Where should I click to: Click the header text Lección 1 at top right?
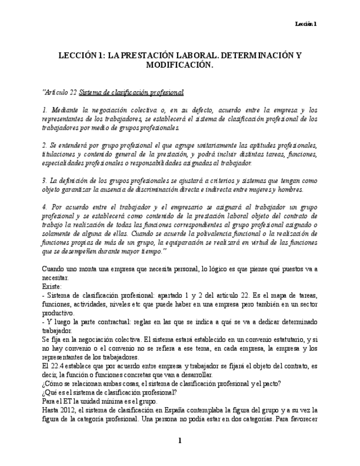[306, 24]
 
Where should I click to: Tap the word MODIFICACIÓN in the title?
[179, 65]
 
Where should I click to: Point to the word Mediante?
[64, 110]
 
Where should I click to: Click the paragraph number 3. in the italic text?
[45, 180]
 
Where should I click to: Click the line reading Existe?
[52, 286]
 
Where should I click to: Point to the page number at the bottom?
[179, 440]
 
